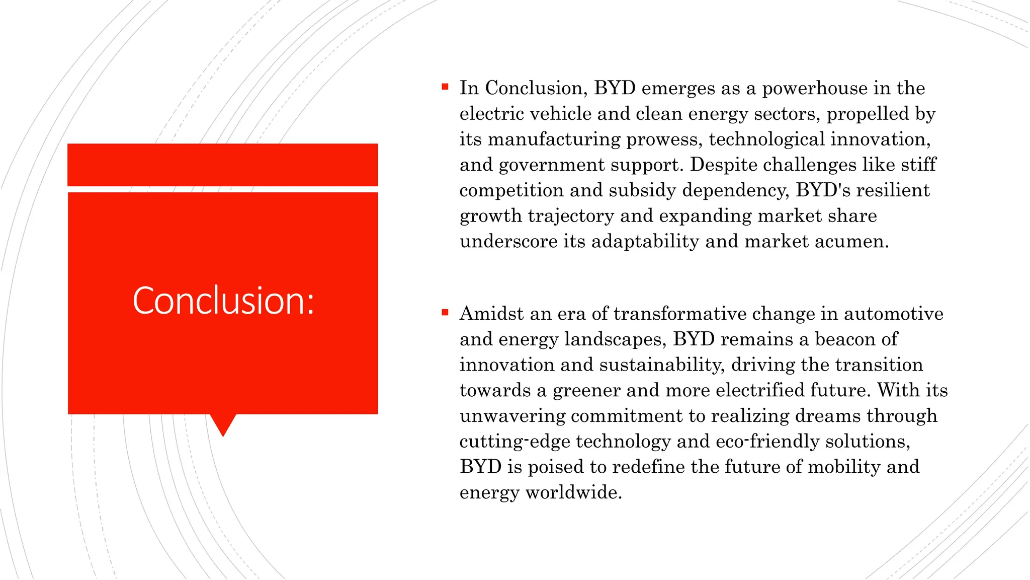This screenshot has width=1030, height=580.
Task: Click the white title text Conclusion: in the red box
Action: click(x=223, y=301)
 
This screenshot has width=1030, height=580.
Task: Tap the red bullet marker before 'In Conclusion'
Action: click(x=445, y=87)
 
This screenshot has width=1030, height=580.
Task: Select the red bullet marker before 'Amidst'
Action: click(x=445, y=313)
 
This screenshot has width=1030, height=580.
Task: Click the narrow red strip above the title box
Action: click(x=222, y=165)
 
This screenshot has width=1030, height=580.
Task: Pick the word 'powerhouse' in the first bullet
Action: click(x=815, y=89)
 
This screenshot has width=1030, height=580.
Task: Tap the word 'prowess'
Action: click(x=664, y=139)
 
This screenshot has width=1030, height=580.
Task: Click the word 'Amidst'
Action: click(x=491, y=314)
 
